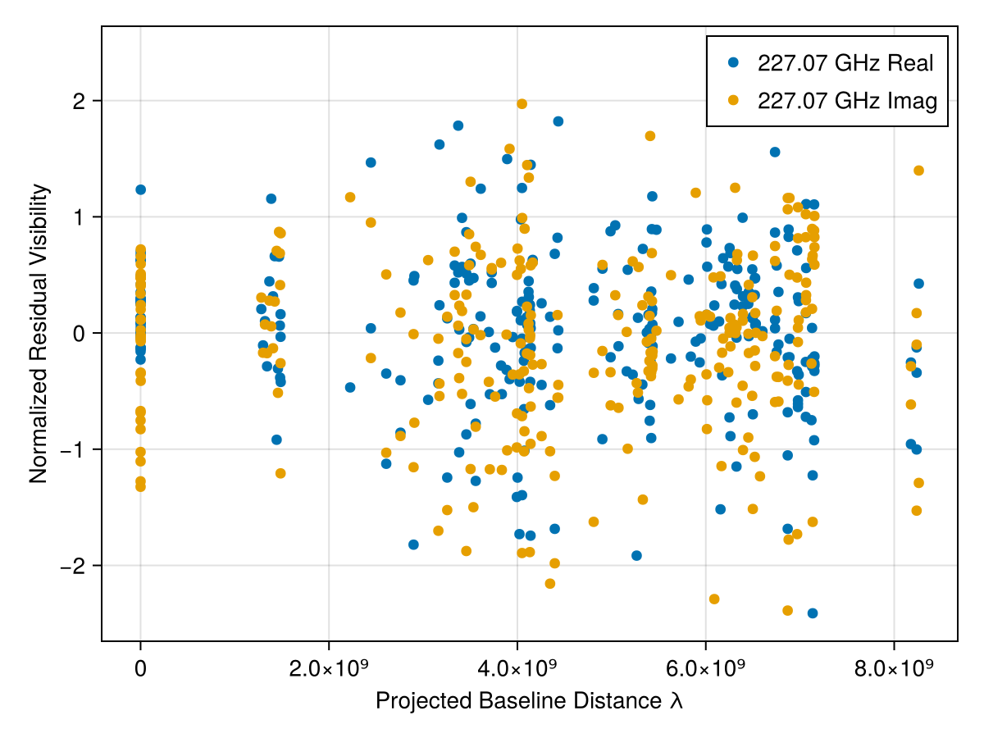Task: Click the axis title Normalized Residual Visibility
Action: click(x=39, y=334)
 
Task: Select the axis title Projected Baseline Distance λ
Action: click(x=529, y=702)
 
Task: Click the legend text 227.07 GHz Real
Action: click(x=845, y=63)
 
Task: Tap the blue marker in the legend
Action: click(x=733, y=62)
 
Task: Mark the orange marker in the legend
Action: click(x=733, y=100)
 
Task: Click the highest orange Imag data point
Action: click(x=522, y=104)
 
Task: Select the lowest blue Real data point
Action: click(x=813, y=613)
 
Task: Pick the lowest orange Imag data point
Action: click(x=788, y=610)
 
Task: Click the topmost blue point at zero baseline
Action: click(x=140, y=189)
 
